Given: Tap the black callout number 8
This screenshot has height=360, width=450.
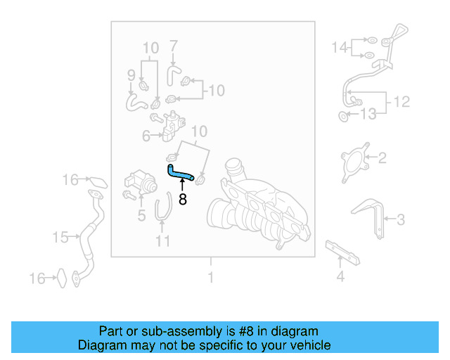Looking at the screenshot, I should pos(183,199).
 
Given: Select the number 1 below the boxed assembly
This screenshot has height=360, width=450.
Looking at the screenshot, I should pos(210,278).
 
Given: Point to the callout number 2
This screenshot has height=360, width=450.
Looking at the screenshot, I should pos(382,158).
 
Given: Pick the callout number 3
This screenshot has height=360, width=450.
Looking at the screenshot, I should pos(400,220).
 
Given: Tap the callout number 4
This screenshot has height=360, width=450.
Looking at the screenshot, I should pos(340,276).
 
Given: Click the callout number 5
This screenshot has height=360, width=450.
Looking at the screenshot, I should pos(141,216).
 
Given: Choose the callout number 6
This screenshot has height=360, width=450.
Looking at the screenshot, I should pos(146,136).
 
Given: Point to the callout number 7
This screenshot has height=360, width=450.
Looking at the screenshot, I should pos(174,47).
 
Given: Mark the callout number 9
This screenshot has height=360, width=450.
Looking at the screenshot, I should pos(131,75).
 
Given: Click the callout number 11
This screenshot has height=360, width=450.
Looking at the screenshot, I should pos(163,242).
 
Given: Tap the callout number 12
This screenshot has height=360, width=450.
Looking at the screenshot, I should pos(401,102).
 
